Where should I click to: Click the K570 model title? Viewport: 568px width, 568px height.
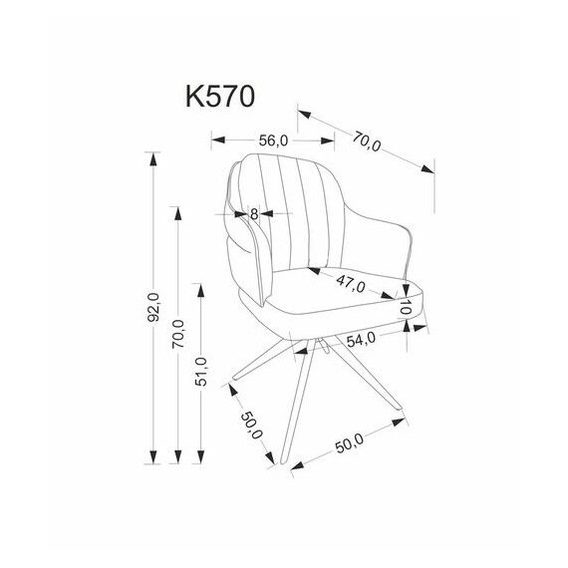click(x=220, y=97)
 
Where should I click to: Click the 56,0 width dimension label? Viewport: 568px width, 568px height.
click(x=273, y=141)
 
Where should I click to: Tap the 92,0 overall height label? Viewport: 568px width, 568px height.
click(x=153, y=308)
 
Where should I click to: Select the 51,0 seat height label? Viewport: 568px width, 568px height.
click(x=201, y=372)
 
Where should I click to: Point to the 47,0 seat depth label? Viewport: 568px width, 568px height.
click(x=351, y=284)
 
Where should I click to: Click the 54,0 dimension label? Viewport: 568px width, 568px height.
click(x=361, y=340)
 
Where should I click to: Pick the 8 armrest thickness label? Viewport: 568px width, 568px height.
click(x=254, y=214)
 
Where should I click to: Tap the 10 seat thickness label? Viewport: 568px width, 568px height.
click(x=406, y=307)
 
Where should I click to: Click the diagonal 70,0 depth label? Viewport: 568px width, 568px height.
click(x=368, y=142)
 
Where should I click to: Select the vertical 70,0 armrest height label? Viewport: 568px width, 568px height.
click(x=177, y=334)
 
